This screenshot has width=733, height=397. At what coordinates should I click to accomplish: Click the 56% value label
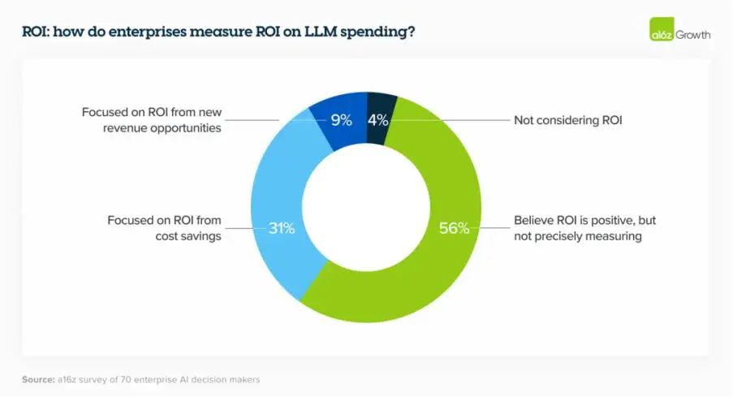(454, 228)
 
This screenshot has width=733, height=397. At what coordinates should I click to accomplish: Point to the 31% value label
(282, 228)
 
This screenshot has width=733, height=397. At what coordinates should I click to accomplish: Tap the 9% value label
(341, 120)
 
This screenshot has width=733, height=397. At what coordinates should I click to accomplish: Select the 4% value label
(379, 120)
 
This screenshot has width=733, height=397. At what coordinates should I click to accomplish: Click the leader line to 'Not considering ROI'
(455, 120)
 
